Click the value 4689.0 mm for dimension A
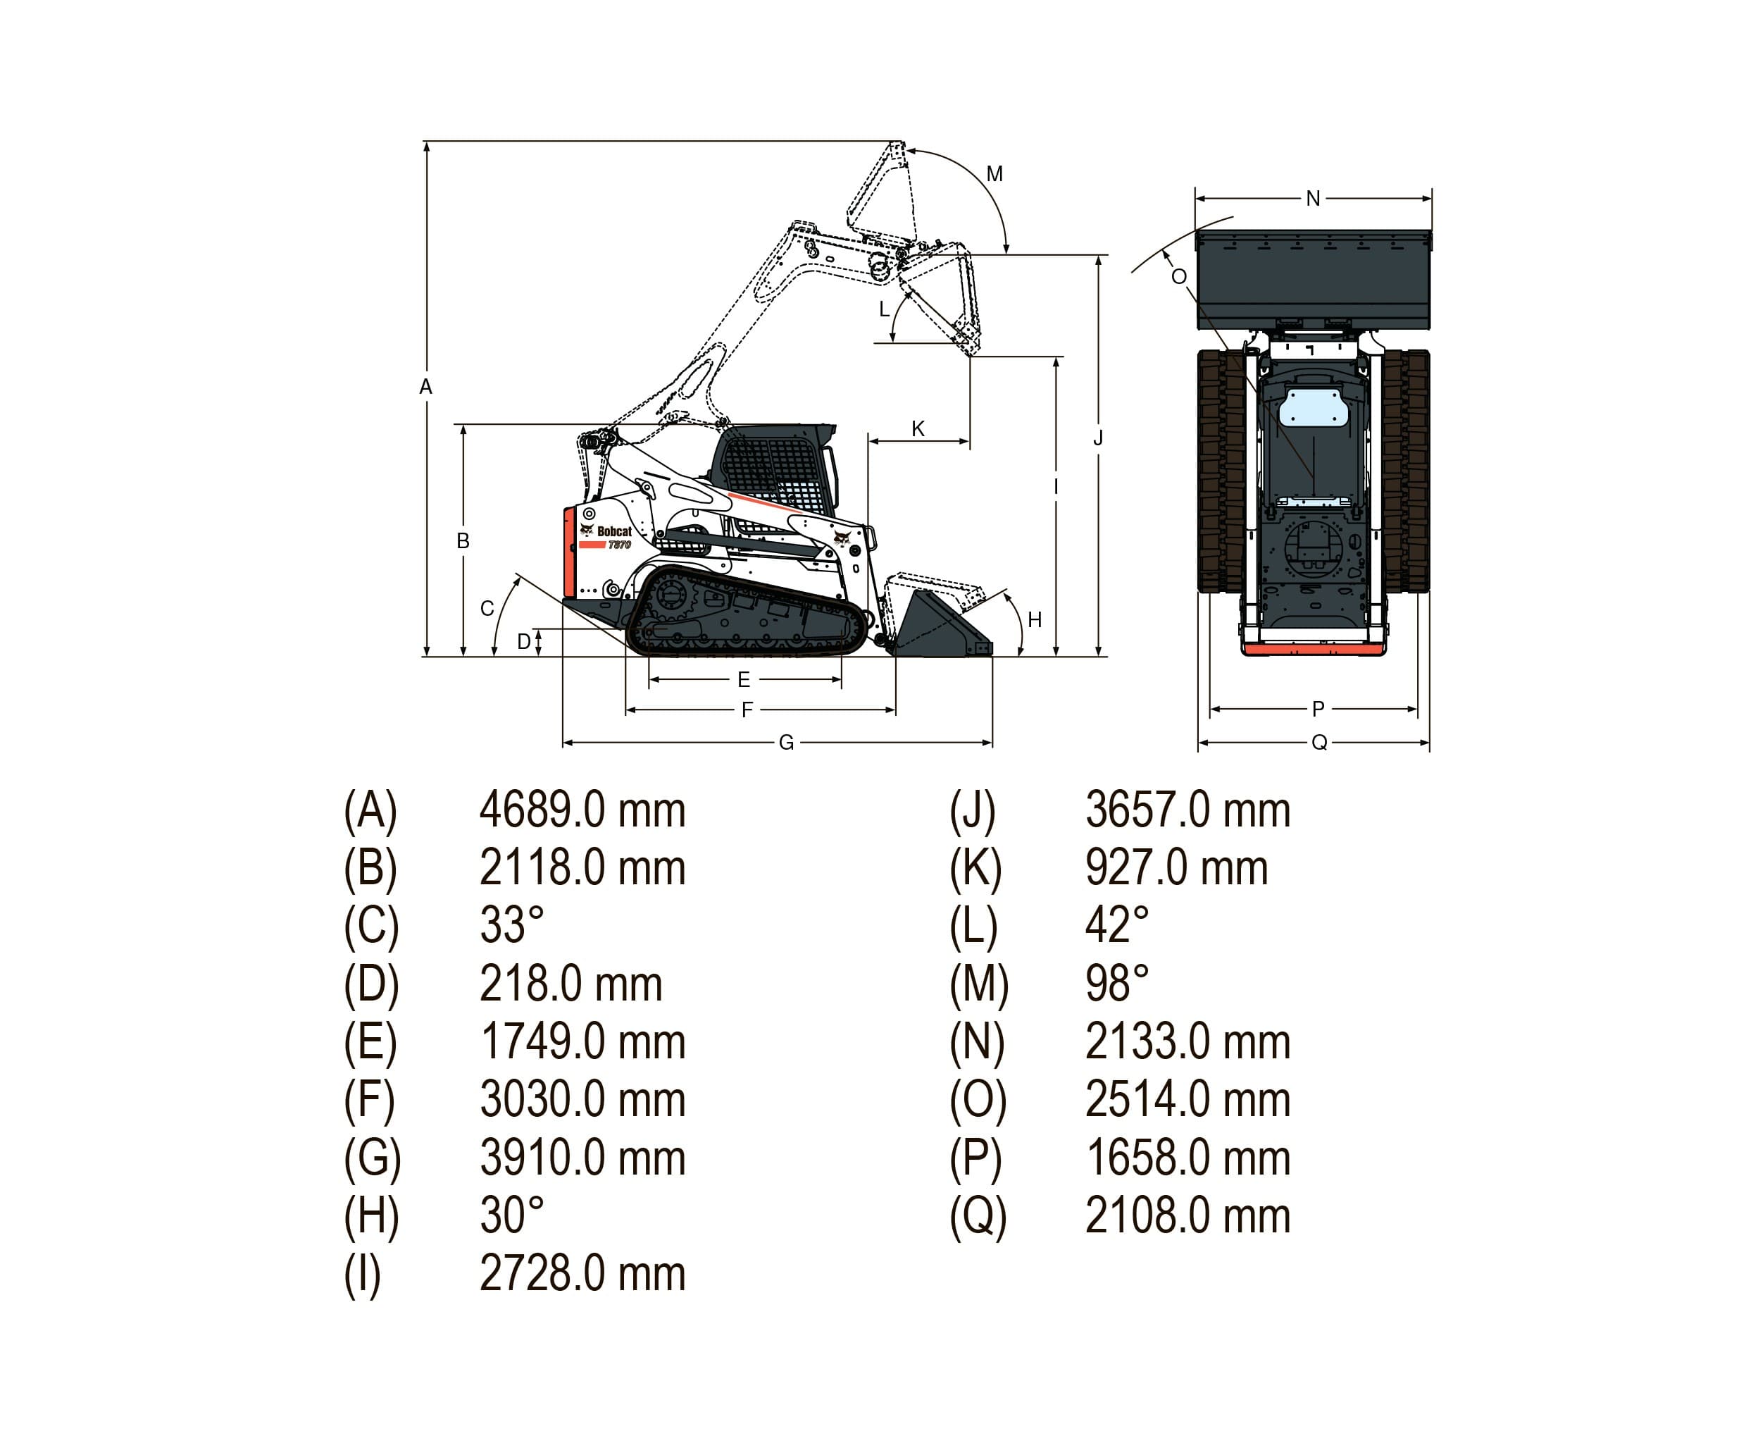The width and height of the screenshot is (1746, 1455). point(582,810)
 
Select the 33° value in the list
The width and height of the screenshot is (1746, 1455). point(511,926)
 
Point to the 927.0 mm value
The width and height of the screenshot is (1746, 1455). point(1176,869)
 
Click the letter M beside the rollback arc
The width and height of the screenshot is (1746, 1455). point(994,174)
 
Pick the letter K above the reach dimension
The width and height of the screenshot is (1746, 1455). point(918,428)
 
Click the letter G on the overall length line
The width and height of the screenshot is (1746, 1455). point(786,742)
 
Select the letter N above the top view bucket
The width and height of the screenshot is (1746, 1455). point(1313,198)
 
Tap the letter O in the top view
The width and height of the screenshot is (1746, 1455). point(1178,276)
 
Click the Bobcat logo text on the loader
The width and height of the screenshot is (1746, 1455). point(613,531)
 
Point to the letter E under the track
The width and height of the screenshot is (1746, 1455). point(744,680)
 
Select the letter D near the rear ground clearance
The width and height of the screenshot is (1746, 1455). point(524,641)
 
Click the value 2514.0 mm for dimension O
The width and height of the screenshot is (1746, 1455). point(1187,1100)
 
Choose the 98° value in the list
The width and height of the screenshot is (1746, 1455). point(1116,984)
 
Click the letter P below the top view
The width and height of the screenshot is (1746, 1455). point(1318,709)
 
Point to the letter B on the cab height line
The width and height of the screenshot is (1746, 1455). point(463,540)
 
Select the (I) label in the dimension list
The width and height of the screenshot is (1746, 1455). point(363,1274)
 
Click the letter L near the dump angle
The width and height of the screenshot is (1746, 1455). point(885,309)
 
